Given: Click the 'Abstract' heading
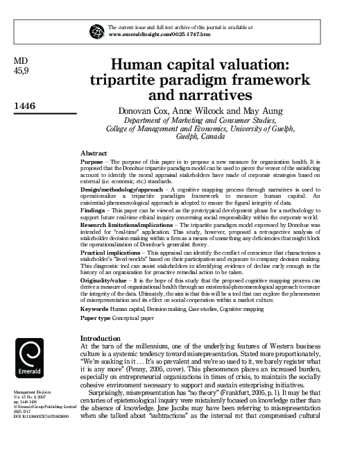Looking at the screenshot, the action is pos(94,152).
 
